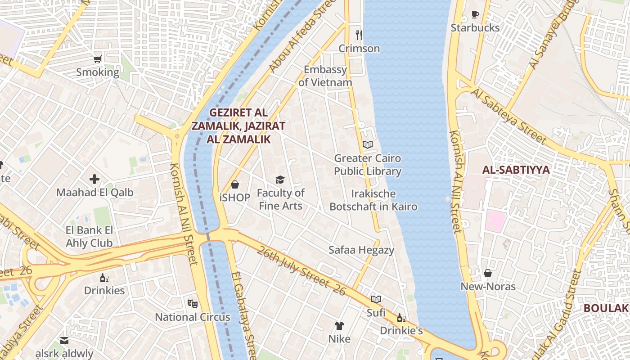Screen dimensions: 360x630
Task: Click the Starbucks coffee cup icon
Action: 475,15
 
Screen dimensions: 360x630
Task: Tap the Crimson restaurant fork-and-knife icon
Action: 359,35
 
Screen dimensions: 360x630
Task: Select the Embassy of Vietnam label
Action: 325,76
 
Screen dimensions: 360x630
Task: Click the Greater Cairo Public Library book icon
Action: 368,145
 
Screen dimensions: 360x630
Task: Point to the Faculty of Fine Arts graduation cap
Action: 280,180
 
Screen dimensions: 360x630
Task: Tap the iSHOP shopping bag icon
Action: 234,184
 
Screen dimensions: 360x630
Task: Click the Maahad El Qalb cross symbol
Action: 94,179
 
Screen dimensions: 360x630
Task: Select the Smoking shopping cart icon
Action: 97,59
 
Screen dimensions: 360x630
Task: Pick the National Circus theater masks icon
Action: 192,304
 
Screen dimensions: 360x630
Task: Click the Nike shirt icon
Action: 339,325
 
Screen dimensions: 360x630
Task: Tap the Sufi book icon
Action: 376,299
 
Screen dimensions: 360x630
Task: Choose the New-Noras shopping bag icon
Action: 488,273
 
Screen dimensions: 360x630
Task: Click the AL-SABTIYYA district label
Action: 516,170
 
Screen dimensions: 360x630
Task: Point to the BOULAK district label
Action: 606,308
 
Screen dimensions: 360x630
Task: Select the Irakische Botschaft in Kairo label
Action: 373,200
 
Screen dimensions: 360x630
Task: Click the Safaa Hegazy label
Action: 361,250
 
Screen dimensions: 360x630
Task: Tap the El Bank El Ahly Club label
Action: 89,237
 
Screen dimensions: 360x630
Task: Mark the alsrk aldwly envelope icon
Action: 64,341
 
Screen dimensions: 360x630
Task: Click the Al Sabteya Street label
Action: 508,117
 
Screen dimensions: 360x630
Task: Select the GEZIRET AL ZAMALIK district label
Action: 238,126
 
